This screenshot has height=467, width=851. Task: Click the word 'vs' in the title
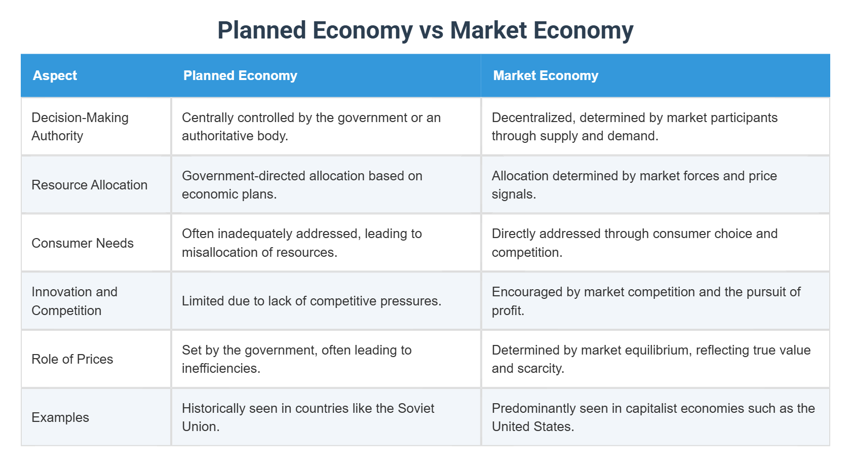click(431, 30)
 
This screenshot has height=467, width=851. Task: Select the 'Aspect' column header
click(55, 75)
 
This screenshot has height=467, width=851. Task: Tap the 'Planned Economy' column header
click(240, 75)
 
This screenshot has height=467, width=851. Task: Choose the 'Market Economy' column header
click(546, 75)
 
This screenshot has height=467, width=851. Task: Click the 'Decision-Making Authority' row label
click(80, 127)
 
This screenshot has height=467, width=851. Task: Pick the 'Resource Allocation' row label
click(89, 185)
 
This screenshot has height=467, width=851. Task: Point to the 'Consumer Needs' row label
click(83, 243)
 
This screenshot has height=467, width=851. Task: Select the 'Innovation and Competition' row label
click(74, 301)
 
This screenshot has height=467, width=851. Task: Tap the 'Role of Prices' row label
click(72, 359)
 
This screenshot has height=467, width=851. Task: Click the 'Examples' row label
click(60, 417)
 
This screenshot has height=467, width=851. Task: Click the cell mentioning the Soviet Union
click(307, 417)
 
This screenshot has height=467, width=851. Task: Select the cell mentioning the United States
click(653, 417)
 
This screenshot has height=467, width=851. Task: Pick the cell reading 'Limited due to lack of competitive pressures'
click(312, 301)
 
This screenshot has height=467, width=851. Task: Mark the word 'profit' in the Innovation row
click(507, 310)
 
